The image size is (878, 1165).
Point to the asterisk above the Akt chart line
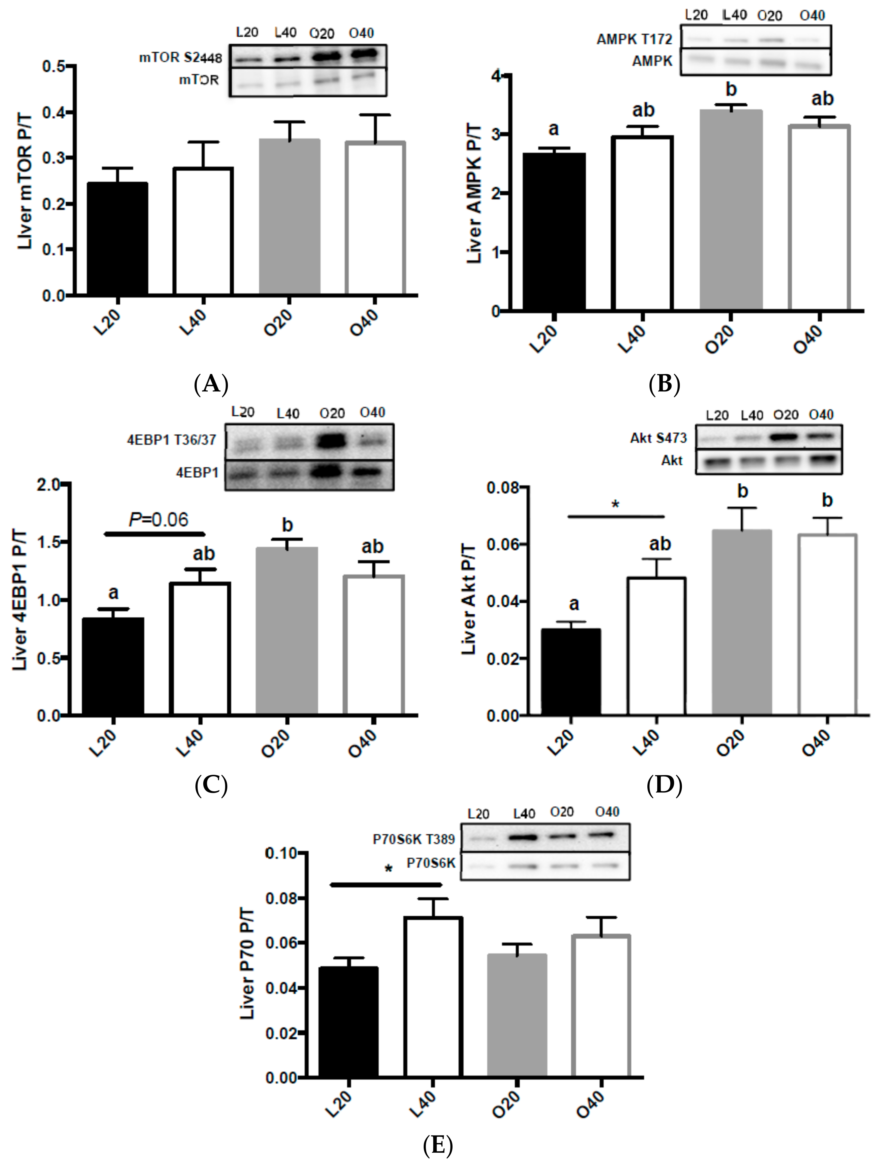(x=615, y=505)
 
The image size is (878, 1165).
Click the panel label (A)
(x=211, y=384)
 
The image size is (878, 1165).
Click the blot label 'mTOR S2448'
(x=180, y=57)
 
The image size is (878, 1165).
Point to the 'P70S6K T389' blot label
(x=414, y=839)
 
